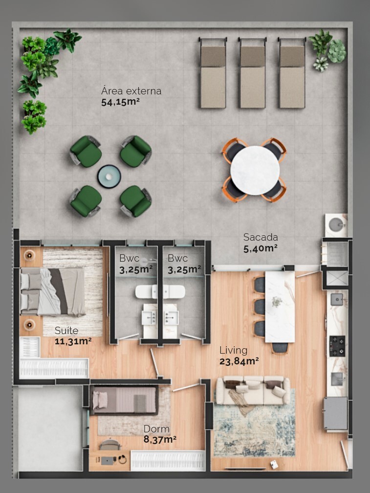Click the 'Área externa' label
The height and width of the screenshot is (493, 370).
pos(131,91)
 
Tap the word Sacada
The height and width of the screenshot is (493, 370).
pos(261,237)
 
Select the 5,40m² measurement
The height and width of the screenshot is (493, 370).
pos(261,248)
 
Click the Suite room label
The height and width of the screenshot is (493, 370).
pos(66,330)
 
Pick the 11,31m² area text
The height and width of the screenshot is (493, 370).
pos(73,341)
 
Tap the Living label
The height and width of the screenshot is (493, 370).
pos(233,350)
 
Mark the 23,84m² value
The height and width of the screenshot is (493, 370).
pos(239,361)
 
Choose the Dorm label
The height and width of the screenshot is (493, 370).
pos(156,429)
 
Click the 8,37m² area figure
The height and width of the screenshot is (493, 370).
pos(160,439)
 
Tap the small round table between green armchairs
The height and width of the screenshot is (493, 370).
pos(109,176)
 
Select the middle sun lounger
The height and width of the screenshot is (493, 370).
pos(252,73)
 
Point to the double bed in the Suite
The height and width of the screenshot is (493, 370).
pos(52,291)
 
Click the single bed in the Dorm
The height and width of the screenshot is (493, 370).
pos(125,400)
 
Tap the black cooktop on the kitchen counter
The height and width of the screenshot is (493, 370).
pos(337,343)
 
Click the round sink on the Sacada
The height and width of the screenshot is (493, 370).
pos(336,224)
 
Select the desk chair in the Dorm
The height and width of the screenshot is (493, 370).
pos(109,445)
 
